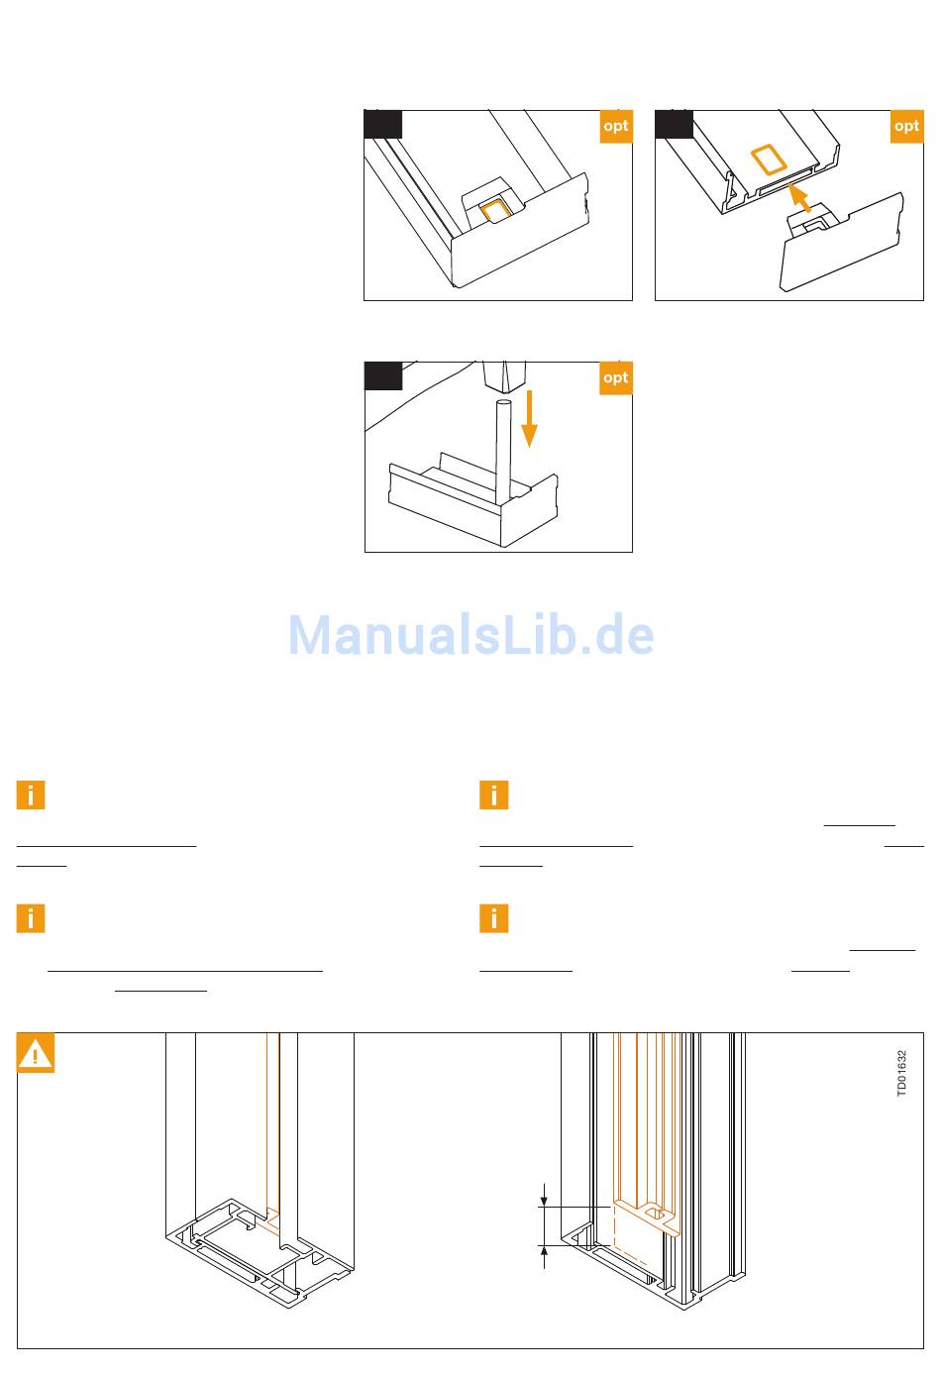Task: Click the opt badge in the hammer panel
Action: click(615, 378)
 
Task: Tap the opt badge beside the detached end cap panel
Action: click(906, 127)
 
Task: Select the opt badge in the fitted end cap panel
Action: click(615, 127)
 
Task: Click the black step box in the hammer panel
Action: click(383, 376)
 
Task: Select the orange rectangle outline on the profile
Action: click(767, 159)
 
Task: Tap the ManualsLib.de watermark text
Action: click(470, 635)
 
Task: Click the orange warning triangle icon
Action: click(37, 1054)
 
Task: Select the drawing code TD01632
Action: click(901, 1073)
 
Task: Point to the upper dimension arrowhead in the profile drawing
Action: click(544, 1201)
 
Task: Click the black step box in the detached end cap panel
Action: click(675, 124)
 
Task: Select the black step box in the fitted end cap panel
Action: click(383, 124)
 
